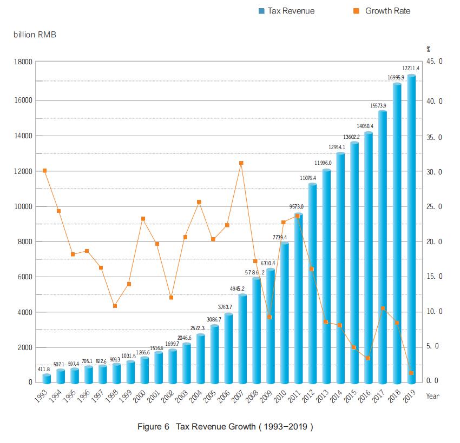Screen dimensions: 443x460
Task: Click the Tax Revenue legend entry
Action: (286, 11)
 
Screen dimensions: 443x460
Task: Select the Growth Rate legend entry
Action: (382, 11)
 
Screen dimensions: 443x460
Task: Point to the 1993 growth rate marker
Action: (45, 171)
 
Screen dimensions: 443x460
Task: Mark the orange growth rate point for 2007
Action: (241, 163)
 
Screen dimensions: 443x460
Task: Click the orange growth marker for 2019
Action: (412, 373)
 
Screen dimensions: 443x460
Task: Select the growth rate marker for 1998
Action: (115, 306)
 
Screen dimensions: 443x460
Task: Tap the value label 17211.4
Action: (411, 69)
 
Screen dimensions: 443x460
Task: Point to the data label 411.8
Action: (44, 370)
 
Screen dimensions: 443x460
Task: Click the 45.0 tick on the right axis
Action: (434, 62)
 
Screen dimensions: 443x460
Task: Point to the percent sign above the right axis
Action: (428, 49)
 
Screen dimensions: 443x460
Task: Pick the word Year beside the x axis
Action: (433, 396)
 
